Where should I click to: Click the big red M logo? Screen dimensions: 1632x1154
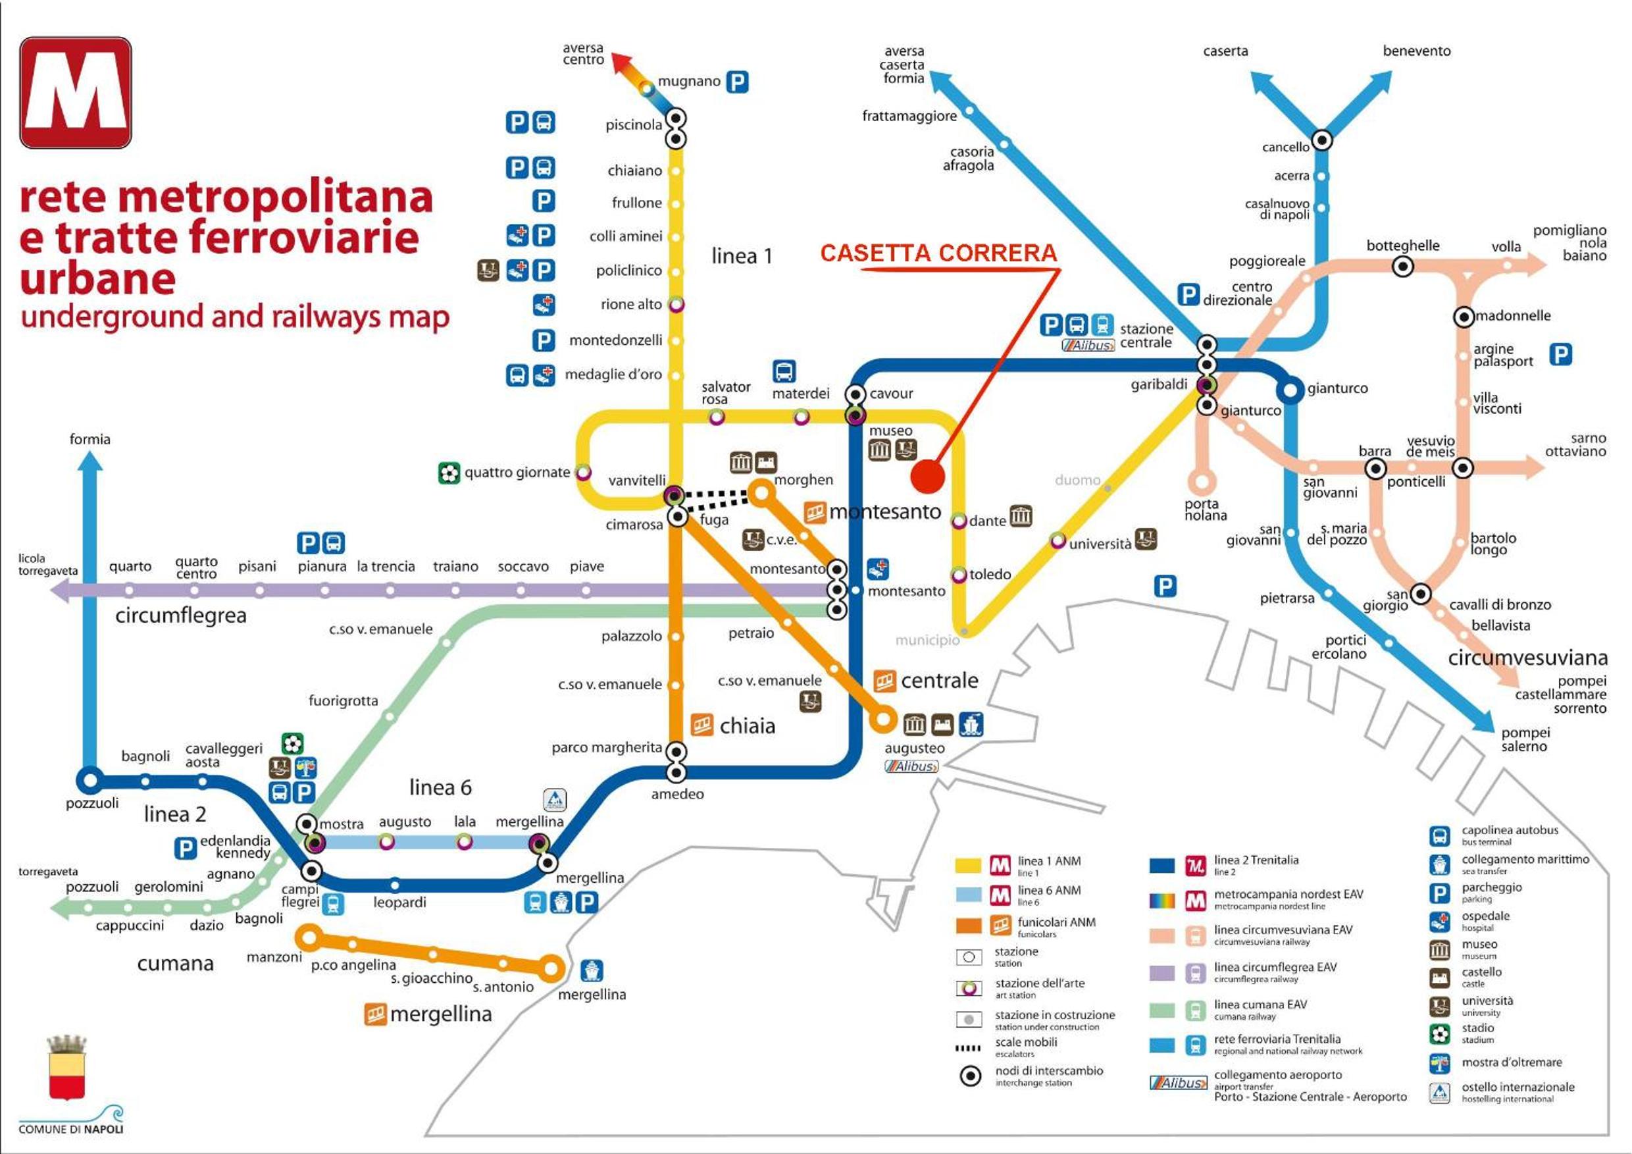(75, 92)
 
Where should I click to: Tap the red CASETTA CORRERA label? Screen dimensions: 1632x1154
(938, 253)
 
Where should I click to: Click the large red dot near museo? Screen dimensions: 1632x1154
(928, 476)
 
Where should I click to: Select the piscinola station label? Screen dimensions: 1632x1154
(633, 125)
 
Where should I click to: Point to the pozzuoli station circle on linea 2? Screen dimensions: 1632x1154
(89, 780)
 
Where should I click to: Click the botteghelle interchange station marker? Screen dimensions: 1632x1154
(1402, 267)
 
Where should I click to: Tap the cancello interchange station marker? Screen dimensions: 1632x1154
(1321, 140)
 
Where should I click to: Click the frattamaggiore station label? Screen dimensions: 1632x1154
(909, 116)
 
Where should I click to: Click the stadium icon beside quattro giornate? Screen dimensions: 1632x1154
(449, 473)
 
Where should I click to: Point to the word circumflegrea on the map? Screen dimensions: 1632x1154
(180, 616)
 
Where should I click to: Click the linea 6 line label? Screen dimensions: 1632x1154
(440, 787)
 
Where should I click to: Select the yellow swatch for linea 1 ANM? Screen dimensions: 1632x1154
(968, 865)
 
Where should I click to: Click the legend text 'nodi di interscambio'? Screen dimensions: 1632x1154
(1049, 1071)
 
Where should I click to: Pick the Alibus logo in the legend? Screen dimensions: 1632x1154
(1178, 1083)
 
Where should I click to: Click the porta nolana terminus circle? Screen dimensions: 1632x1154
(1201, 481)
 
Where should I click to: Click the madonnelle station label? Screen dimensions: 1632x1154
(1513, 316)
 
